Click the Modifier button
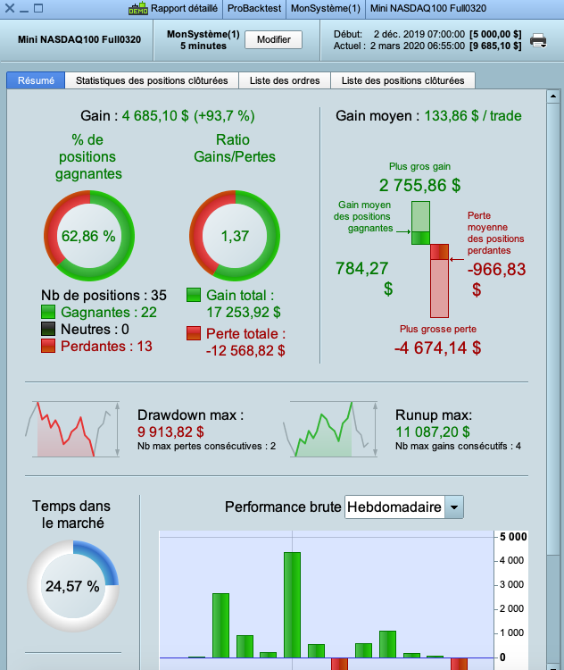click(274, 40)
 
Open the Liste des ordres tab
click(286, 80)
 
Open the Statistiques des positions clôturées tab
click(153, 80)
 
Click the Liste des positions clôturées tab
click(402, 80)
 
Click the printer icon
click(538, 40)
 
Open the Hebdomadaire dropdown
click(454, 507)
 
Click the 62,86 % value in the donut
click(88, 237)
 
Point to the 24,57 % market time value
click(72, 587)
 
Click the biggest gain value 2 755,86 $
click(419, 186)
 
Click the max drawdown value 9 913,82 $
click(170, 431)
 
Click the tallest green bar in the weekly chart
click(292, 604)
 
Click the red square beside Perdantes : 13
click(48, 346)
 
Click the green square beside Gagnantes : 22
click(48, 312)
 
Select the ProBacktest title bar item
click(253, 9)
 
